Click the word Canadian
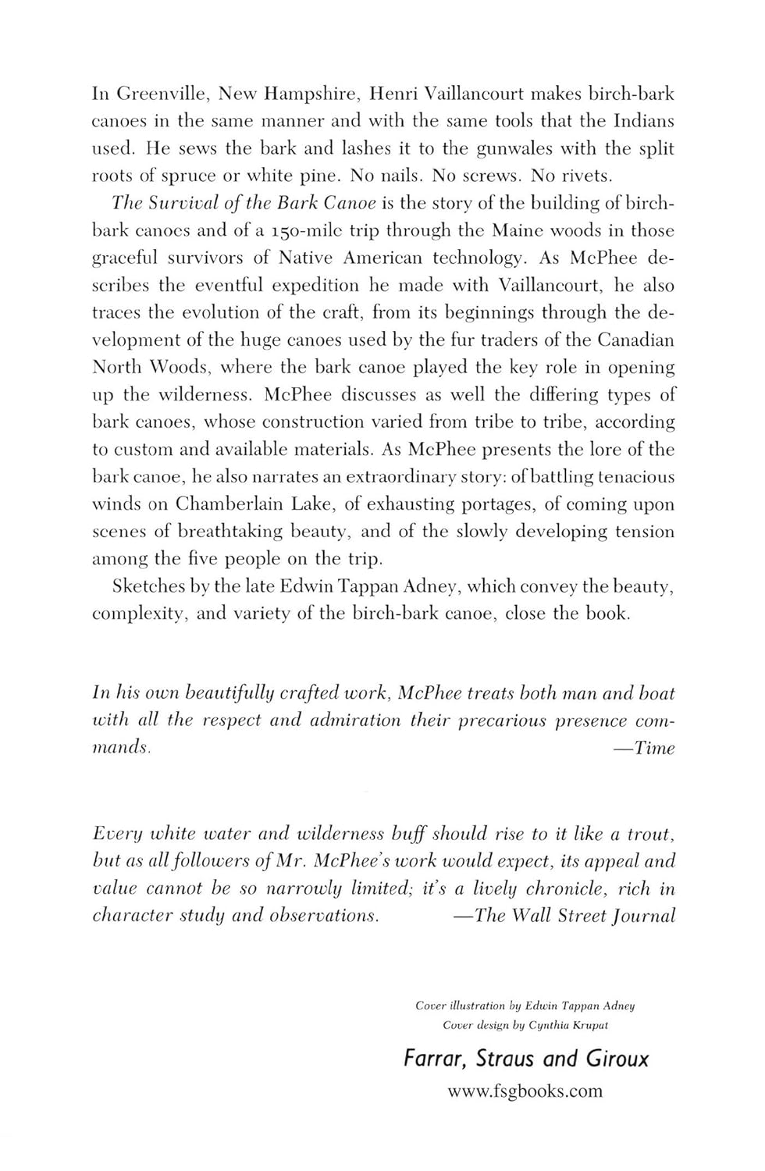click(635, 340)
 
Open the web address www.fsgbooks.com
click(525, 1091)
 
